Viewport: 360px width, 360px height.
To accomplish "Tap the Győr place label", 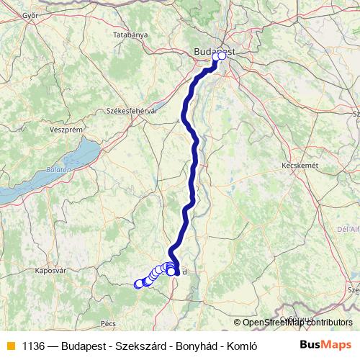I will pyautogui.click(x=30, y=14).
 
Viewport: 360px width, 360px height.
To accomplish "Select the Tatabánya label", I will pyautogui.click(x=130, y=35).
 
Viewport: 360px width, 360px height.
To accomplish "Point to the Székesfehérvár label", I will pyautogui.click(x=131, y=111).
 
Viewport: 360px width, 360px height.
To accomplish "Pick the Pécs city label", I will pyautogui.click(x=109, y=323).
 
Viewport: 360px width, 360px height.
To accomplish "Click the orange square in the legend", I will pyautogui.click(x=10, y=345).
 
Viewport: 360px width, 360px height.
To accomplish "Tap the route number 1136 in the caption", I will pyautogui.click(x=35, y=345).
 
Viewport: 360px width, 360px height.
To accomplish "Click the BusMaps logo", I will pyautogui.click(x=326, y=344).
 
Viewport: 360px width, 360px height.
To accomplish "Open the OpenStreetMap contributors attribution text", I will pyautogui.click(x=297, y=323).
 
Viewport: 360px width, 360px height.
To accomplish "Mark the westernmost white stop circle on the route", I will pyautogui.click(x=138, y=284).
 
